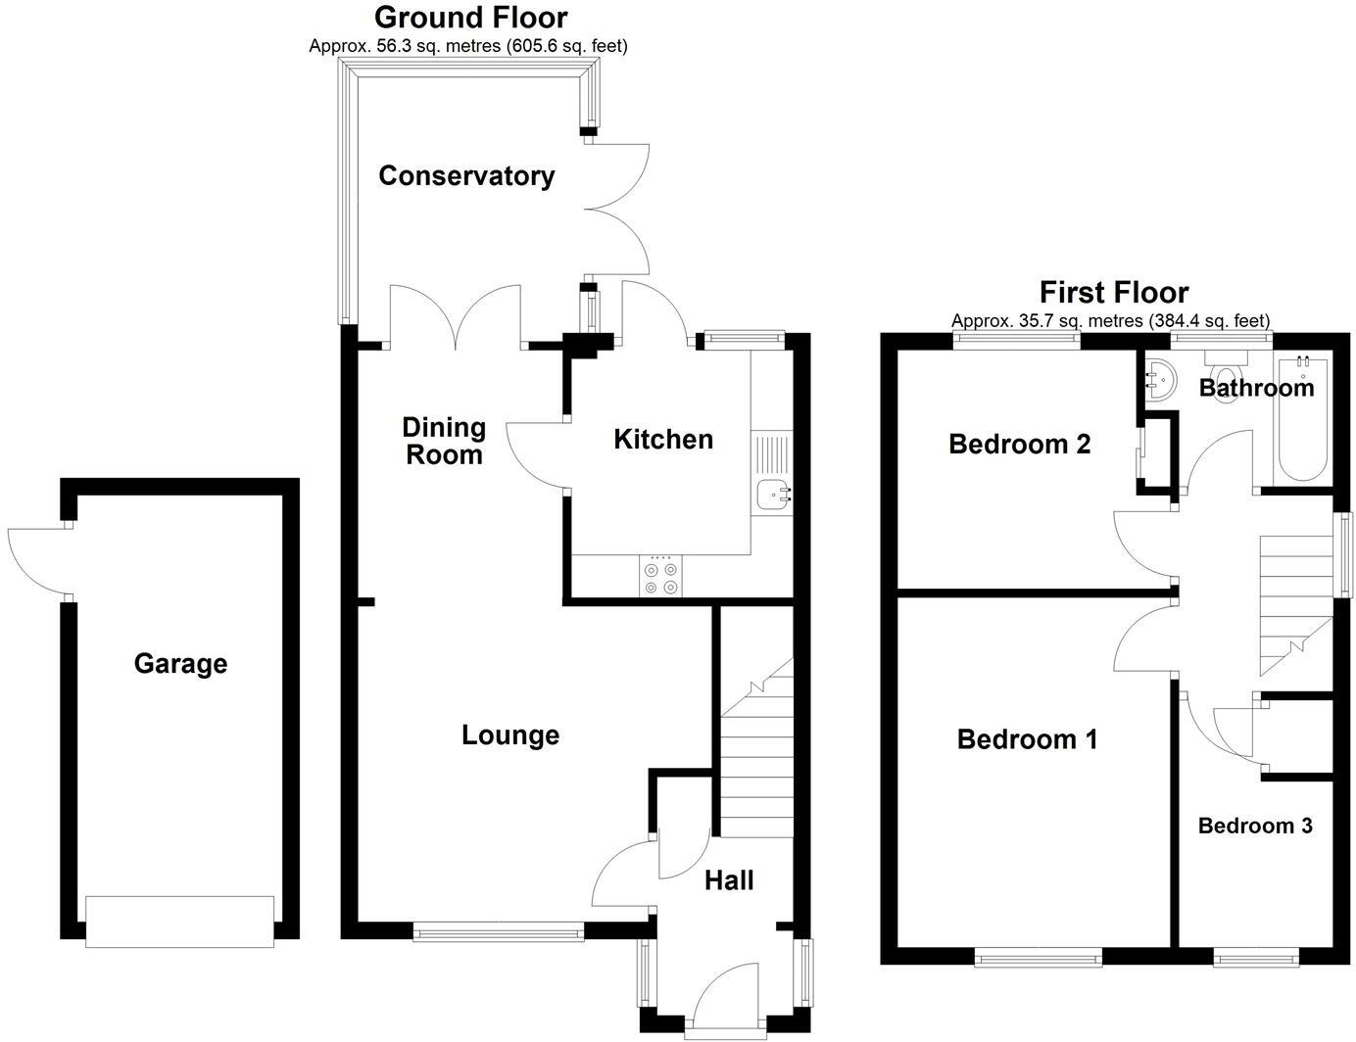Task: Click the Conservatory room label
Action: (x=466, y=175)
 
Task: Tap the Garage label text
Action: (x=180, y=664)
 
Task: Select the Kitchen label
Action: (x=663, y=440)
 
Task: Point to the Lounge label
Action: (x=510, y=734)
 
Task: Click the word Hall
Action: (x=729, y=880)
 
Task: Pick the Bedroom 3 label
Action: (x=1255, y=826)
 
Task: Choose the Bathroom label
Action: (x=1256, y=388)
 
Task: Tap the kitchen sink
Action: (x=773, y=496)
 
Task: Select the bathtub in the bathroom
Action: (x=1302, y=421)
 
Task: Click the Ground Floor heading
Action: (x=470, y=18)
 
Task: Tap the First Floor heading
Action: (x=1114, y=292)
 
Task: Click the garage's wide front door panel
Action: (x=179, y=922)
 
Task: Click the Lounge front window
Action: (x=499, y=933)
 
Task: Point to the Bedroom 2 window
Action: (x=1018, y=341)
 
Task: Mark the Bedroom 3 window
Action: (x=1257, y=956)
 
